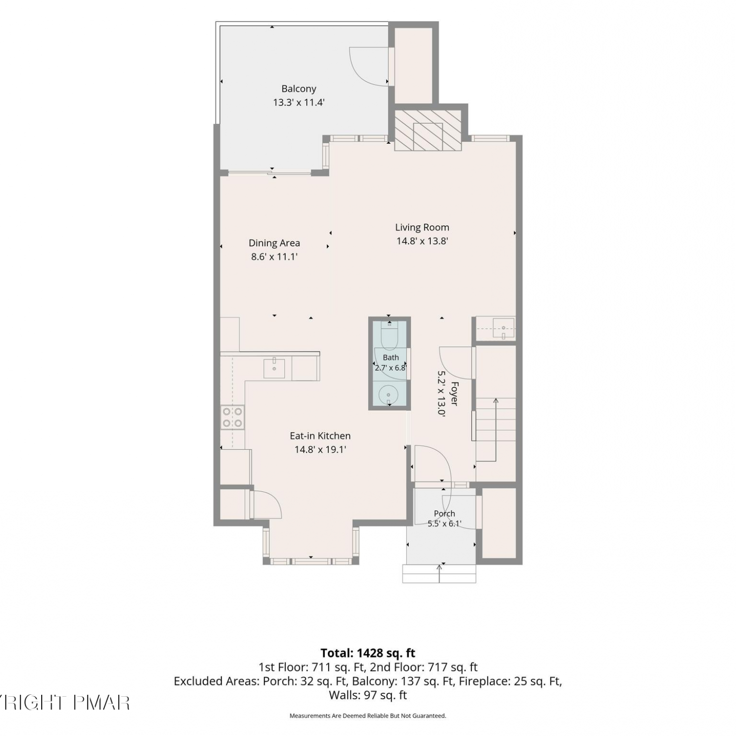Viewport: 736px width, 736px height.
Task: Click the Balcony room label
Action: pos(298,89)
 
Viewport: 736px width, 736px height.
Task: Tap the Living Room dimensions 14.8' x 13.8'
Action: pos(422,241)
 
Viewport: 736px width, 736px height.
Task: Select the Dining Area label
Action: pos(274,243)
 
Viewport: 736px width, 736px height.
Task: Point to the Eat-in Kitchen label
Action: pos(320,436)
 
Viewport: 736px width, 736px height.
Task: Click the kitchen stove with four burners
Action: pos(233,417)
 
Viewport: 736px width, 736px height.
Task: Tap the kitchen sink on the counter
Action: pos(274,368)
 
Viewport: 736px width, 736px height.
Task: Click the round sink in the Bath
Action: pos(389,394)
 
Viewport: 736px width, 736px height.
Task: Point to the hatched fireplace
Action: pos(428,130)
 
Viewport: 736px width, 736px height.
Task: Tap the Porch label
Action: pos(444,513)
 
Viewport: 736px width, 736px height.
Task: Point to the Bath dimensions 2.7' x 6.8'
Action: pos(391,368)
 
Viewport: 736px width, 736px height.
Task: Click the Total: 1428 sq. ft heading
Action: pos(368,653)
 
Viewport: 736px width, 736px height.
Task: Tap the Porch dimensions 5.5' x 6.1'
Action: pos(444,524)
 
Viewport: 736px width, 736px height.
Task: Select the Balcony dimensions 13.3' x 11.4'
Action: pos(299,103)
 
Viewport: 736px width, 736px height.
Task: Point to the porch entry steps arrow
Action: pos(439,574)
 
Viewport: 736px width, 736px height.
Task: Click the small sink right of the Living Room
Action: pos(503,328)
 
